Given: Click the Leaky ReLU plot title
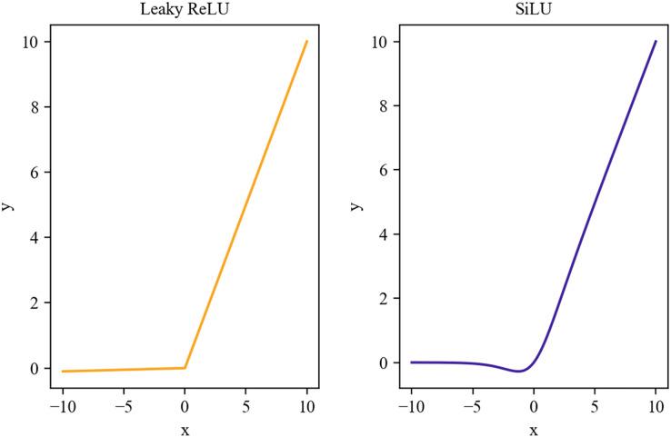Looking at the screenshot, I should point(185,10).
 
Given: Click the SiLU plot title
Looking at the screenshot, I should point(533,10).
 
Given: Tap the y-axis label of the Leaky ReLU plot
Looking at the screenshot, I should point(8,206).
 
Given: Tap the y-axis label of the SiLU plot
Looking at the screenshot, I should point(357,206).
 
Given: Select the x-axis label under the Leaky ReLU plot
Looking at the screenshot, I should point(185,429).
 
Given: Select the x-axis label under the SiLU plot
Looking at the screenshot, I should point(533,429).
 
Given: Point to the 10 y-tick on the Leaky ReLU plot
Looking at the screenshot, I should point(33,42).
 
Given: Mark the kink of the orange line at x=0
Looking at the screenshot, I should point(185,368).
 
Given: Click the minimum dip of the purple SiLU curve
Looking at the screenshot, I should point(518,371).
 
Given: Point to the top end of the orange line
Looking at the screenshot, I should point(306,41).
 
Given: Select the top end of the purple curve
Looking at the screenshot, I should point(655,41).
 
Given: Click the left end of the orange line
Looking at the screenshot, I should point(63,371).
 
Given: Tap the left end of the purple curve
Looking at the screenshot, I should point(412,363).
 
